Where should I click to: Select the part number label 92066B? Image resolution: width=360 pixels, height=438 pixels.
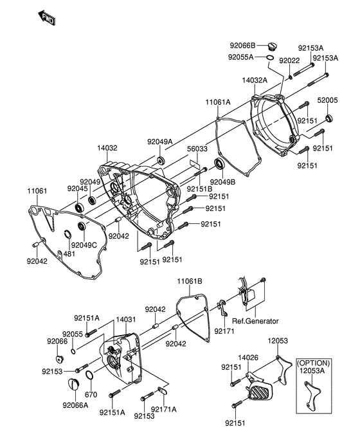point(243,46)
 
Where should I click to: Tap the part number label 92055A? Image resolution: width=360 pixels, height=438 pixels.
point(242,57)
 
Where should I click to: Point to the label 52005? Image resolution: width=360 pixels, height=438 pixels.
point(328,101)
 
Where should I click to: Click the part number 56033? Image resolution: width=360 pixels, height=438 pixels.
point(197,148)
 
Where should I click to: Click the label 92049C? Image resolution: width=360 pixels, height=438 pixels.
point(84,245)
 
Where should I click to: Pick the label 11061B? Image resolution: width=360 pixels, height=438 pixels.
point(190,281)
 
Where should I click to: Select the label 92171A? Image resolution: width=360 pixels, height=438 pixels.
point(164,409)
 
